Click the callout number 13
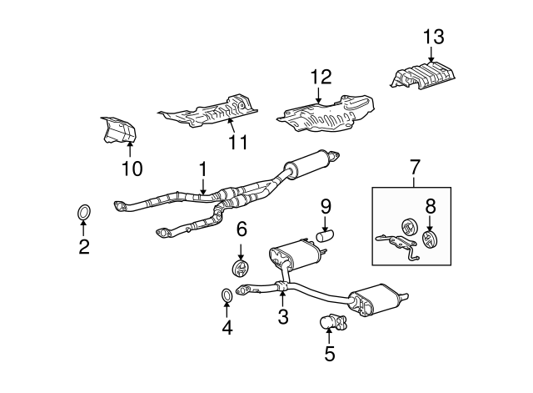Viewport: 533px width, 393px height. pos(433,37)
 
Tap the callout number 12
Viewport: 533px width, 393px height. pos(321,78)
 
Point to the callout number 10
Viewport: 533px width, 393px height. pos(131,169)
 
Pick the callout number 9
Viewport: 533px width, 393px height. pos(326,204)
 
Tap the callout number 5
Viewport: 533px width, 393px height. pos(329,354)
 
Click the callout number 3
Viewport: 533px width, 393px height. pos(283,316)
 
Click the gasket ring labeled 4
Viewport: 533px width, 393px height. pos(227,295)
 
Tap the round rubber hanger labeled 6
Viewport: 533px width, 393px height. pos(240,269)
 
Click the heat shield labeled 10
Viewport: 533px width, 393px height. pos(117,134)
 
